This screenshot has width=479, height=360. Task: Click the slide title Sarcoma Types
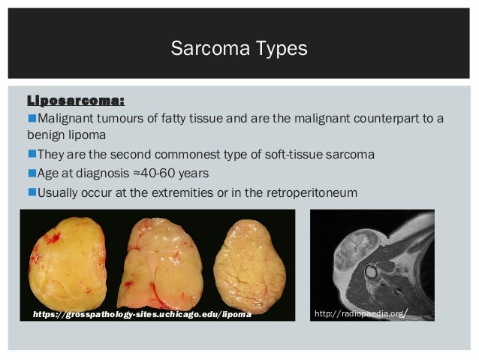click(x=239, y=50)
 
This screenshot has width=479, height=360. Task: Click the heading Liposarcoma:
click(x=76, y=101)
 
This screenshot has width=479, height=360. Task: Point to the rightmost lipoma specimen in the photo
click(x=250, y=267)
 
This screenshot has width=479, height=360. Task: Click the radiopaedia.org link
click(x=362, y=312)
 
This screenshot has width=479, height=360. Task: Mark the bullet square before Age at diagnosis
click(x=32, y=174)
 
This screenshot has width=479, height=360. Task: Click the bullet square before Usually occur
click(x=32, y=192)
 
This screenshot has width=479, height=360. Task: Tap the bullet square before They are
click(x=32, y=155)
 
